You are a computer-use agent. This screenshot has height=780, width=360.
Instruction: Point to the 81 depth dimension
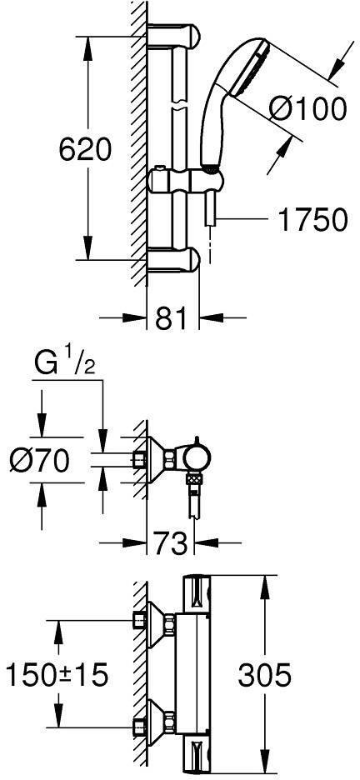tap(172, 317)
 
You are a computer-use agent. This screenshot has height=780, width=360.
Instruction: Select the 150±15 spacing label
tap(56, 675)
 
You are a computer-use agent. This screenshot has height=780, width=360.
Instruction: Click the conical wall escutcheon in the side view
tap(154, 457)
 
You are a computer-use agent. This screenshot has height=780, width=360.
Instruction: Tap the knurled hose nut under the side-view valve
tap(194, 480)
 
